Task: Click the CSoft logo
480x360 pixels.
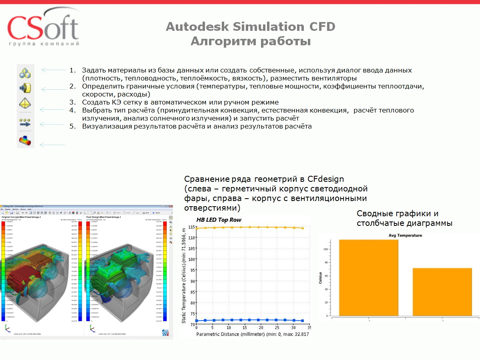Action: click(43, 30)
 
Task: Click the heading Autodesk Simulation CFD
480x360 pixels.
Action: click(250, 27)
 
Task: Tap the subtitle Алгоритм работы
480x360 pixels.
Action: click(250, 41)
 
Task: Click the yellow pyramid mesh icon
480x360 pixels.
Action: click(25, 103)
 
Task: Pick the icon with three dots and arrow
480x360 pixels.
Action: click(25, 123)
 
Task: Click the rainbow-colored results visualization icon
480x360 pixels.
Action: click(25, 141)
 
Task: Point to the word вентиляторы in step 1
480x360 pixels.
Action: click(333, 78)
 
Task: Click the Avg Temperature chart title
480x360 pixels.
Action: click(405, 235)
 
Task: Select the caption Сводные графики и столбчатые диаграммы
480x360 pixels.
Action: click(404, 218)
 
